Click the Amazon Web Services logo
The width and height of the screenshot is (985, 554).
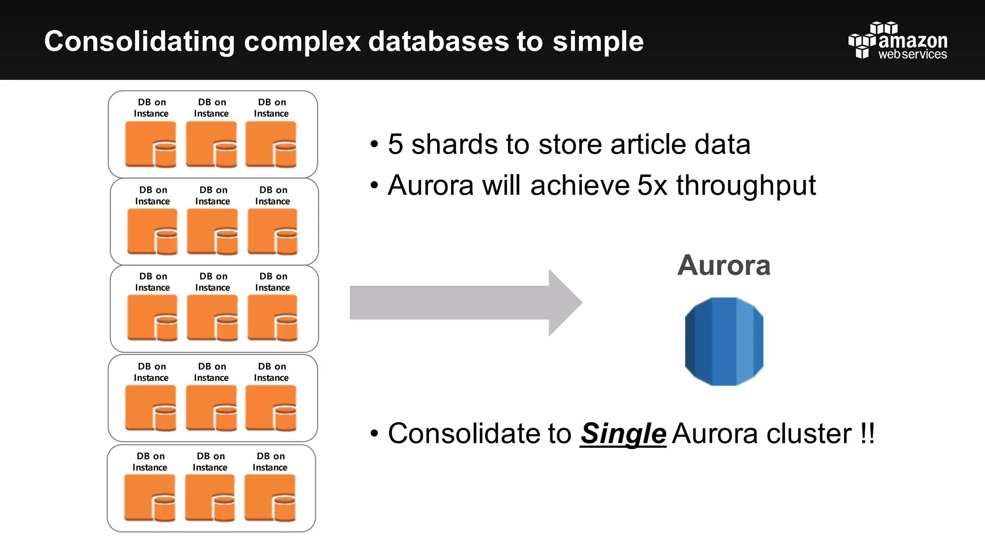(x=898, y=41)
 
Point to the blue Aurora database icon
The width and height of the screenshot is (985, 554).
(x=724, y=341)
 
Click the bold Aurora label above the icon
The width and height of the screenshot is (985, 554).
(x=724, y=265)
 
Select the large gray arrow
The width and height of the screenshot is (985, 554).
(x=462, y=302)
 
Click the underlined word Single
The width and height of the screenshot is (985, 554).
(x=623, y=434)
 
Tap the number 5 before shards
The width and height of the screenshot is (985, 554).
(x=395, y=144)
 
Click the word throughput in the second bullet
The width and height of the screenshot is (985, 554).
(x=746, y=186)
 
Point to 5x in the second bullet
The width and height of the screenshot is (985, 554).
(x=652, y=186)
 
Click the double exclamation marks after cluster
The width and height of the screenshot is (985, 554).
(x=868, y=434)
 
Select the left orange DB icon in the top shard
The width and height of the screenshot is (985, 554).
(x=151, y=144)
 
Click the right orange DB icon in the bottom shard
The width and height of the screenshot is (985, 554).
(x=270, y=498)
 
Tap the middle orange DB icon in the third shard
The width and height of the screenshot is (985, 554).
(x=212, y=318)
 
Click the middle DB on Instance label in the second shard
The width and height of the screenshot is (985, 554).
(x=213, y=196)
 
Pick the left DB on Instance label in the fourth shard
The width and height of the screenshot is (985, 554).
(x=151, y=372)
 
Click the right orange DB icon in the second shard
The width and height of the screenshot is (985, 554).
(x=272, y=231)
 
